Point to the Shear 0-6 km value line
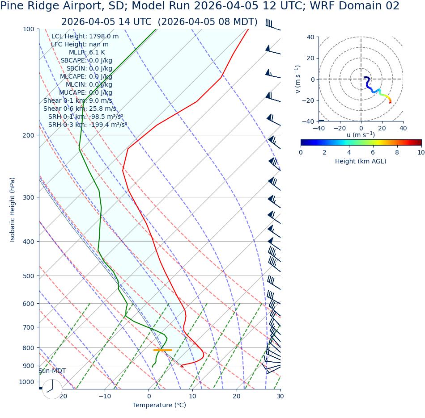(x=80, y=109)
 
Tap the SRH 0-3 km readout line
(x=87, y=125)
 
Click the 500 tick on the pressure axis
(x=28, y=276)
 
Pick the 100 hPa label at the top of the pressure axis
(x=28, y=29)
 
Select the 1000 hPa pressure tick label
(x=26, y=382)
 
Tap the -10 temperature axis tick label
(x=105, y=396)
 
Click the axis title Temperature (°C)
(x=159, y=405)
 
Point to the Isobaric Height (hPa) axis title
(x=13, y=209)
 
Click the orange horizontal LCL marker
(x=162, y=350)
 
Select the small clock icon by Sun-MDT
(x=52, y=389)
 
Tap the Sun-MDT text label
(x=52, y=371)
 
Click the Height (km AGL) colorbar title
(x=361, y=161)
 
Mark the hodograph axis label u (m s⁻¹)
(x=361, y=135)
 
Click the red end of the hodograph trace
(x=390, y=102)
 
